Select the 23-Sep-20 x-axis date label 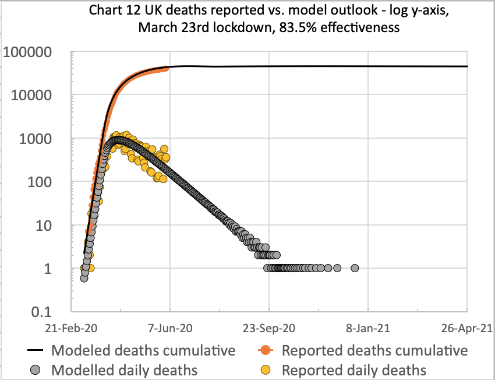click(270, 328)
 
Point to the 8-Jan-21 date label click(369, 328)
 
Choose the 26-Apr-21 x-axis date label click(466, 328)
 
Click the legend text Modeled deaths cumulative click(143, 350)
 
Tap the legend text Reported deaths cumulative click(374, 350)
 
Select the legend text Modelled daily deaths click(124, 370)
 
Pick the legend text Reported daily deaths click(354, 370)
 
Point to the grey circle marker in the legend click(37, 370)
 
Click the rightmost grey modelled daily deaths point click(355, 268)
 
